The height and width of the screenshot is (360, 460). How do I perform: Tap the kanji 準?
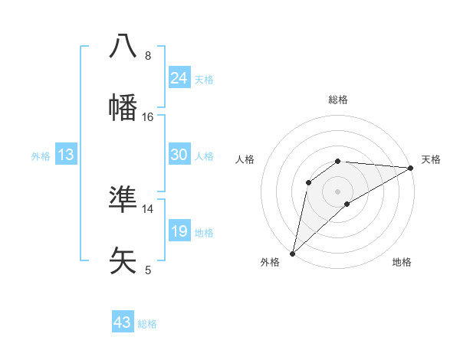pos(123,198)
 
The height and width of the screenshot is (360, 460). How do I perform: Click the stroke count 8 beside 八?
pos(147,55)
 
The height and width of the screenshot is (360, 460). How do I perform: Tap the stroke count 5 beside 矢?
pos(147,270)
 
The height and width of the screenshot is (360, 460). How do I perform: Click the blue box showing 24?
pos(179,77)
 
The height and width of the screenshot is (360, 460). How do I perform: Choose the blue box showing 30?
pos(179,155)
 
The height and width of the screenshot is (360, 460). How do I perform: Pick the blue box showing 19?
pos(179,231)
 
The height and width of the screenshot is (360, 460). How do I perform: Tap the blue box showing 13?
pos(66,155)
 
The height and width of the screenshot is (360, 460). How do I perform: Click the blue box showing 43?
pos(123,322)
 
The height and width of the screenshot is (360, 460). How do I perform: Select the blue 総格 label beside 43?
pos(147,324)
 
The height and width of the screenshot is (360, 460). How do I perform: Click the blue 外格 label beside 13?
pos(41,156)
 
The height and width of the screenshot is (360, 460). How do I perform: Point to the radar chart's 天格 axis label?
pos(431,159)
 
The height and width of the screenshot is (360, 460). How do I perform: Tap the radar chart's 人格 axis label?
pos(245,159)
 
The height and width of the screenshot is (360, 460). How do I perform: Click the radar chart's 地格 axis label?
pos(402,262)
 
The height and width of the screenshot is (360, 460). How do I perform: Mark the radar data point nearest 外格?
pos(292,253)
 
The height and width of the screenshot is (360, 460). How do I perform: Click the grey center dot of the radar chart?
pos(337,190)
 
